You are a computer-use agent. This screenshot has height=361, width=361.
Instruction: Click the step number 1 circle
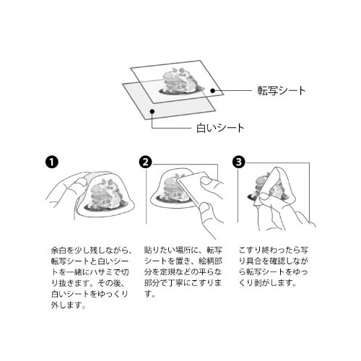coord(52,162)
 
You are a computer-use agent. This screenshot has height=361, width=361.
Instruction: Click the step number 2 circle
coord(145,162)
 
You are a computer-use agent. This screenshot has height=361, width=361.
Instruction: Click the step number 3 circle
coord(239,162)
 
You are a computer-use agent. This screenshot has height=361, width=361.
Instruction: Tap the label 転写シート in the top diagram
coord(282,91)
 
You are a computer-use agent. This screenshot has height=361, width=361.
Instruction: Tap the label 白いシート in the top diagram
coord(220,128)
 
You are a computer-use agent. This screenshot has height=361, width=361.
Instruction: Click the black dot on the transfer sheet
coord(212,91)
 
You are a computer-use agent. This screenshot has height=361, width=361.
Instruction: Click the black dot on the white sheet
coord(152,111)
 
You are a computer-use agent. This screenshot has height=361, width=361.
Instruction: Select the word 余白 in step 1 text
coord(58,251)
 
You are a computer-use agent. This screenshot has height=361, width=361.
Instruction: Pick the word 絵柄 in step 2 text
coord(206,261)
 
